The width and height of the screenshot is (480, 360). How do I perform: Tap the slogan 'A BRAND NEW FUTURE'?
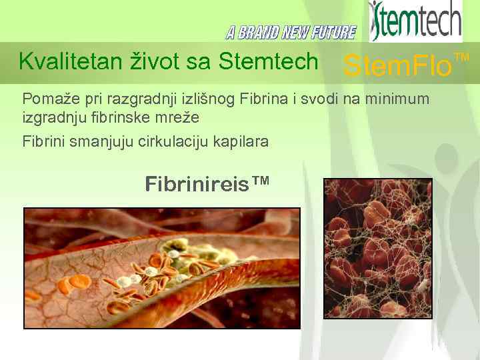[x=291, y=32]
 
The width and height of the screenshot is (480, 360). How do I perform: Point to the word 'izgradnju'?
[x=51, y=117]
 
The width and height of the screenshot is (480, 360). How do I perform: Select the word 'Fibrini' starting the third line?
[x=43, y=141]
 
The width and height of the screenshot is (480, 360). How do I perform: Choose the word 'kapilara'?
[x=241, y=141]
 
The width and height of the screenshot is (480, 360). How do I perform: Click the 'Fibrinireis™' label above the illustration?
[x=207, y=183]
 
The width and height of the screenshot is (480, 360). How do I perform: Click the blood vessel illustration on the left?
[x=162, y=268]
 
